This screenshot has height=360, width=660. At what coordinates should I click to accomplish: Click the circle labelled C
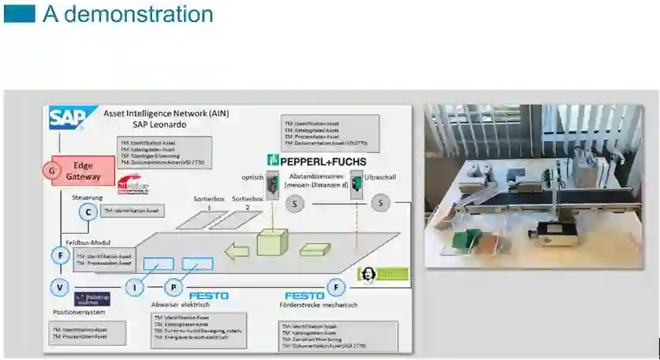[x=89, y=211]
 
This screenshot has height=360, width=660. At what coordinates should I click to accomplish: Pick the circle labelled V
[x=60, y=288]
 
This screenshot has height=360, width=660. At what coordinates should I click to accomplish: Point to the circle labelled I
[x=136, y=288]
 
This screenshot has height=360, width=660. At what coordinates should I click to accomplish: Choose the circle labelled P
[x=174, y=288]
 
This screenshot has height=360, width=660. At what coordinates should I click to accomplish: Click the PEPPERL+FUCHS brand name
[x=317, y=161]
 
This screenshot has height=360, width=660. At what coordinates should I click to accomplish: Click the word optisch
[x=252, y=178]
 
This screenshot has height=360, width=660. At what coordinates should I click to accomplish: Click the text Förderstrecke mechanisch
[x=318, y=305]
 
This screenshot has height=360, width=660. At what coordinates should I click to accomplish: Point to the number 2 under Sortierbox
[x=247, y=207]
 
